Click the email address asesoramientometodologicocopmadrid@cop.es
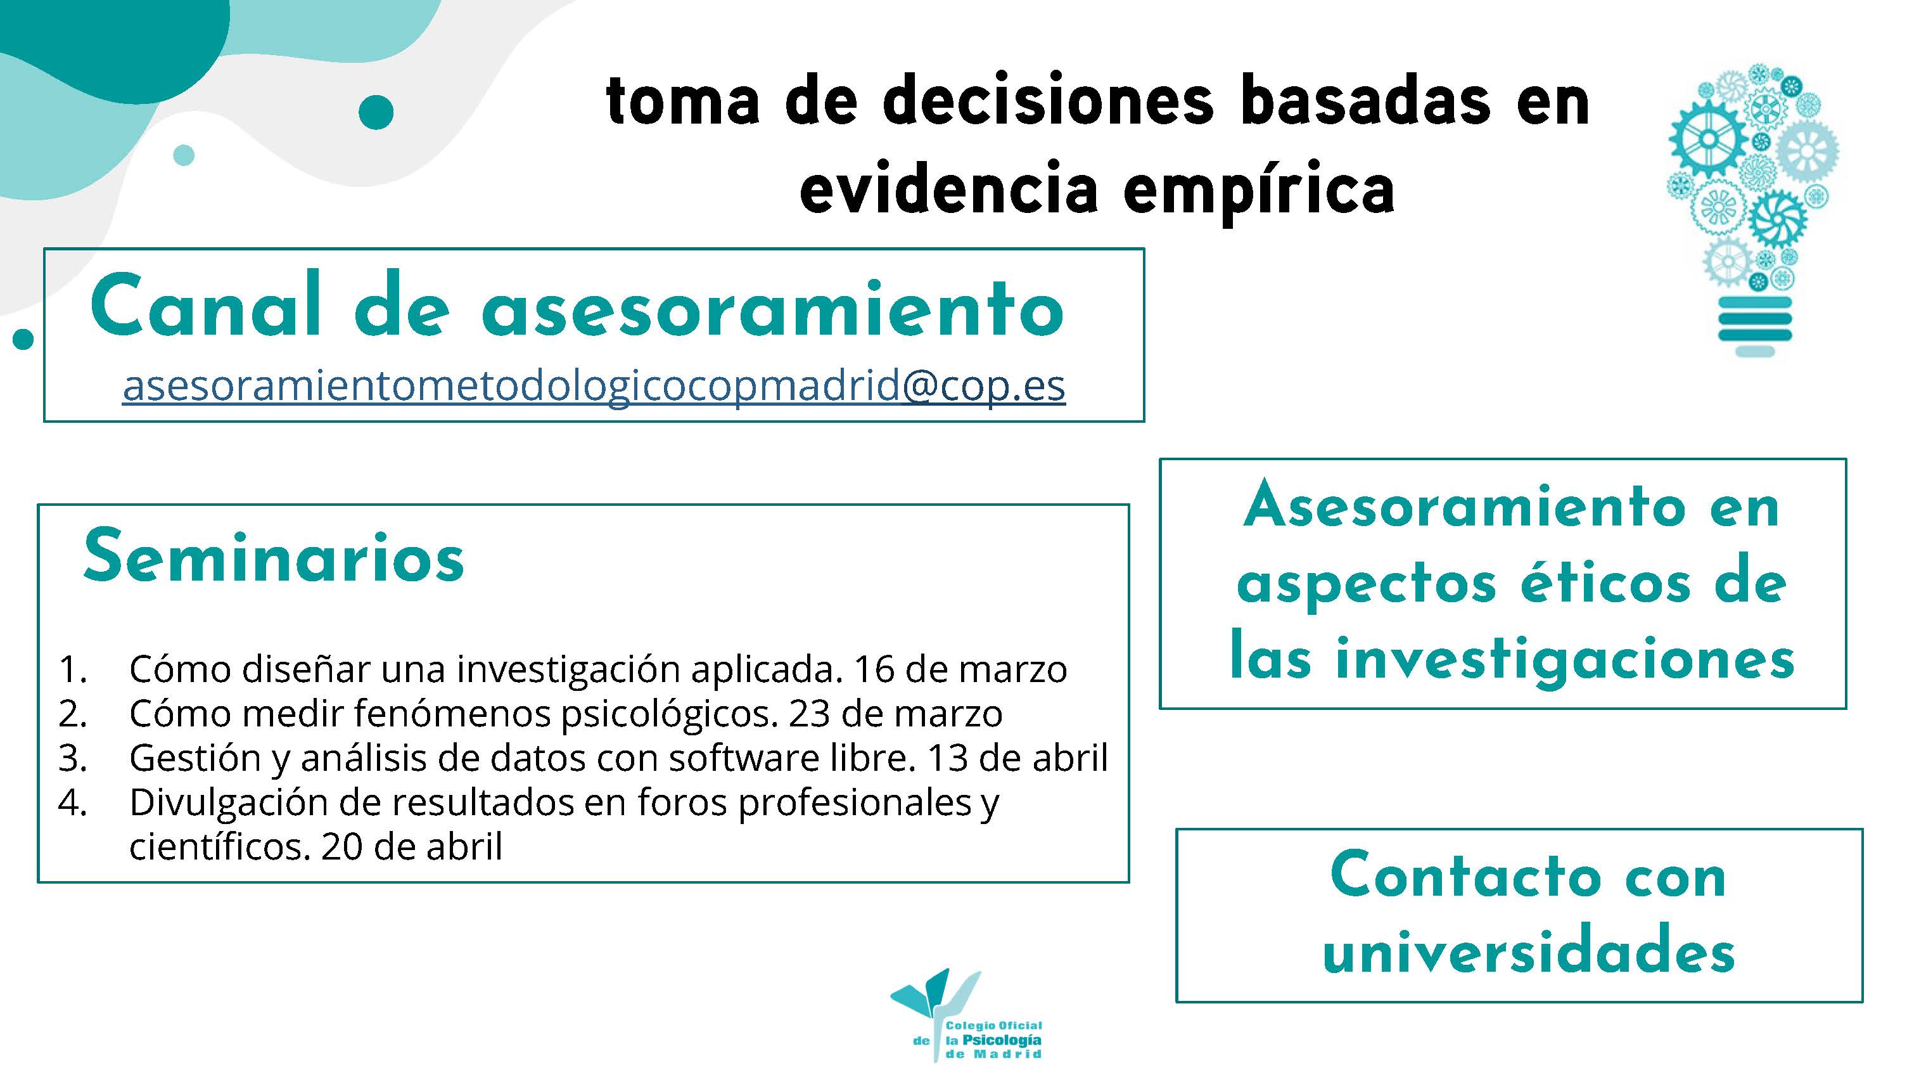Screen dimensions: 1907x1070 point(594,387)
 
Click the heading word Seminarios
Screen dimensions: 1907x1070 point(274,557)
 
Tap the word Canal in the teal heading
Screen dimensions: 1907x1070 point(206,304)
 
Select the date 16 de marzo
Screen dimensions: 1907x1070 point(960,669)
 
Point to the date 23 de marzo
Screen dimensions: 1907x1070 point(896,714)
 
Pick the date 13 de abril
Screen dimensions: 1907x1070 point(1018,758)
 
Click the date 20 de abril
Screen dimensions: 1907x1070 point(412,846)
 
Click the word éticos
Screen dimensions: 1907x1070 point(1605,584)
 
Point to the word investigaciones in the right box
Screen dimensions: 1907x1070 point(1566,659)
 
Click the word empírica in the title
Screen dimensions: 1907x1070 point(1258,191)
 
